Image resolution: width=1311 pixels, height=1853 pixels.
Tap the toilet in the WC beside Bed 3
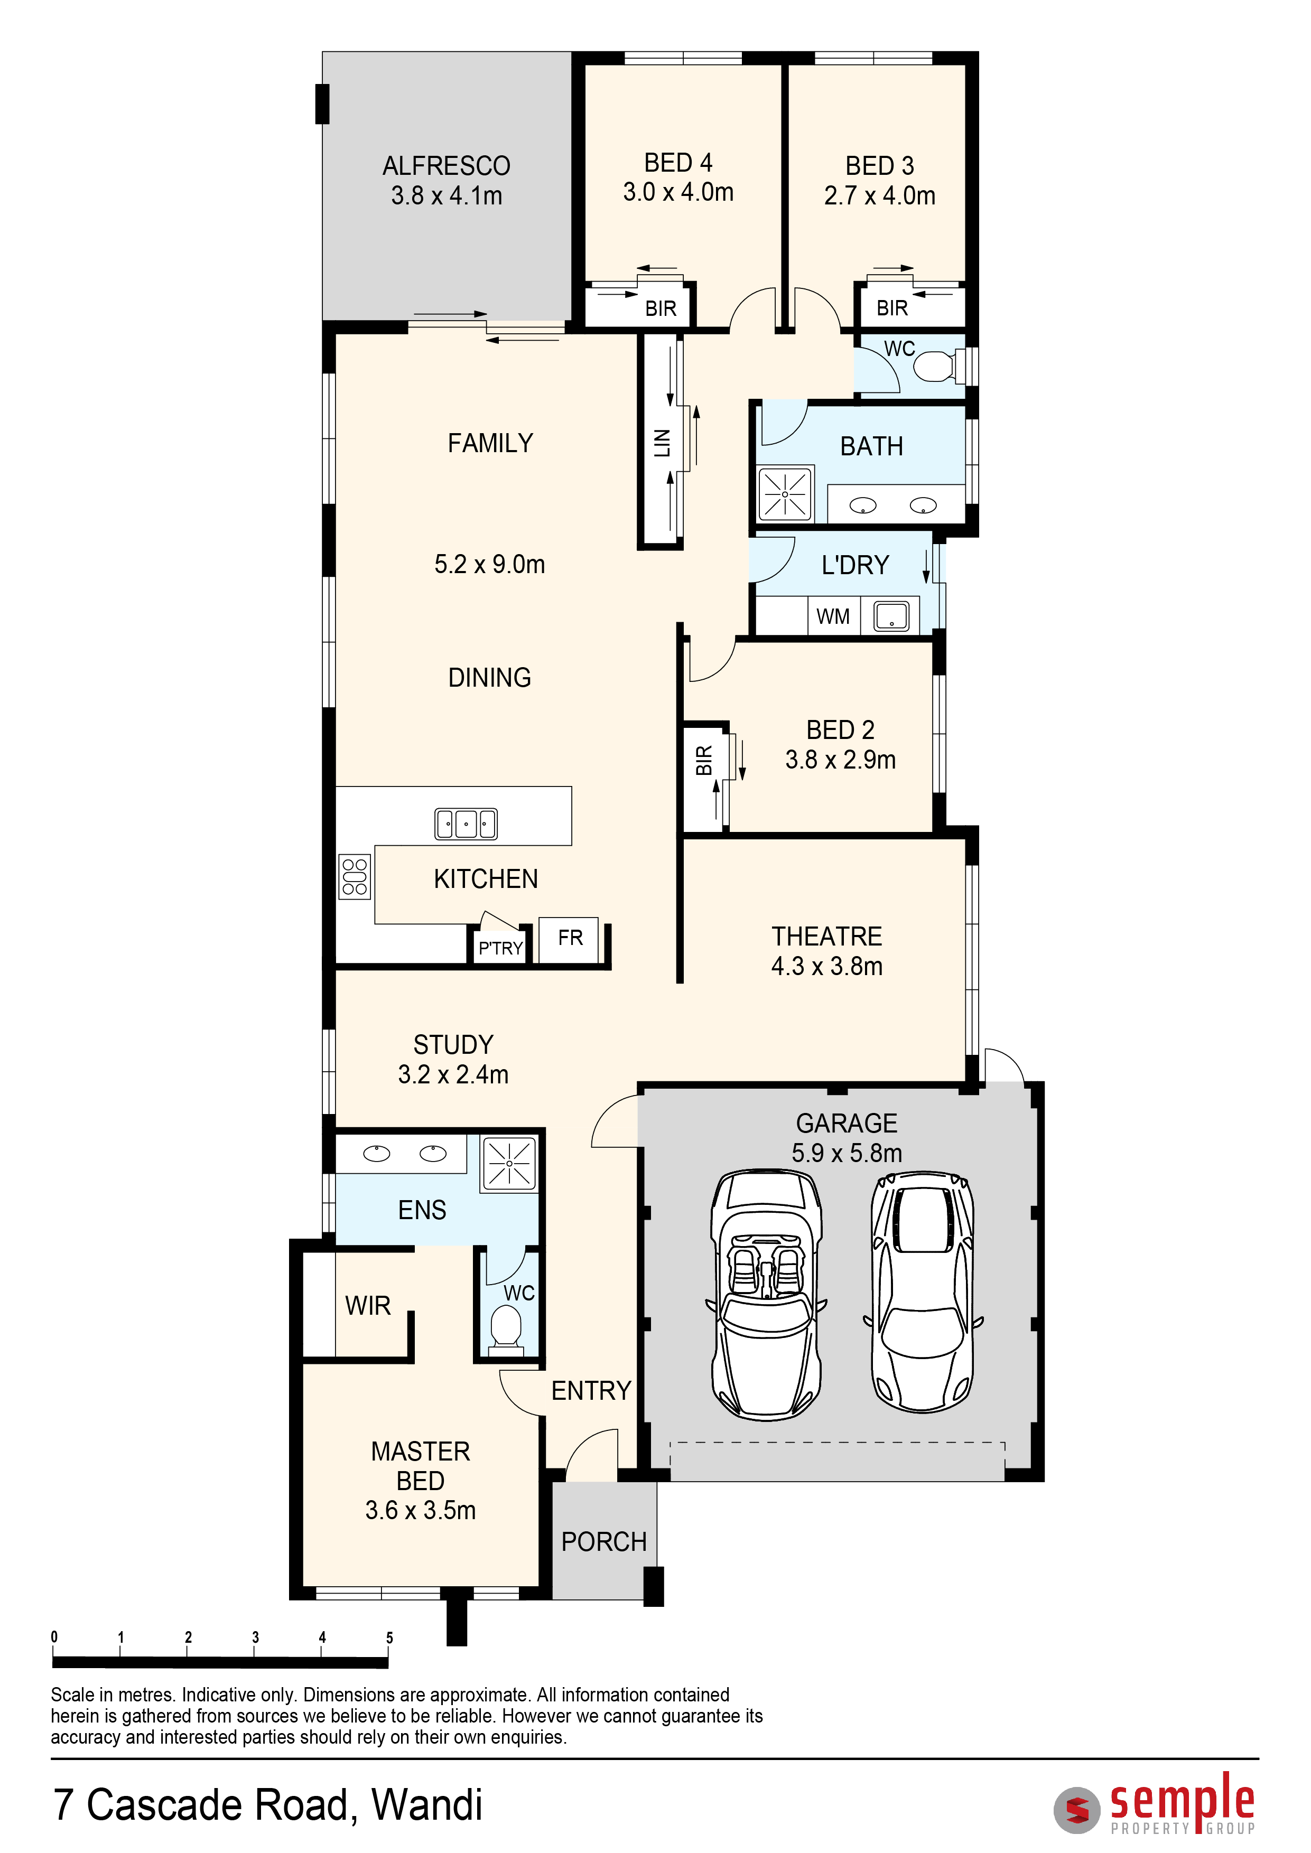[936, 366]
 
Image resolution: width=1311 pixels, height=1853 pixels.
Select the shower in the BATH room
[785, 493]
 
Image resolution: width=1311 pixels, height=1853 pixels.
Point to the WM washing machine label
[833, 616]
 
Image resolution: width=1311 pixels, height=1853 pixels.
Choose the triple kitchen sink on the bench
[466, 824]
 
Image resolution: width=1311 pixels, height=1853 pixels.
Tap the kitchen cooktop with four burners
[355, 876]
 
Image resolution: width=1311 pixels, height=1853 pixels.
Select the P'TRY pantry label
[500, 948]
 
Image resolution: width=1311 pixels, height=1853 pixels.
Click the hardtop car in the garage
[923, 1292]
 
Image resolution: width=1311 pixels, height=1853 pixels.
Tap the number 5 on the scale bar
[389, 1637]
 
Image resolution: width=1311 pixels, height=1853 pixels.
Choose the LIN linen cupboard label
[662, 443]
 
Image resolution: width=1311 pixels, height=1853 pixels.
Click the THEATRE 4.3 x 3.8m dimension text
[826, 966]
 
